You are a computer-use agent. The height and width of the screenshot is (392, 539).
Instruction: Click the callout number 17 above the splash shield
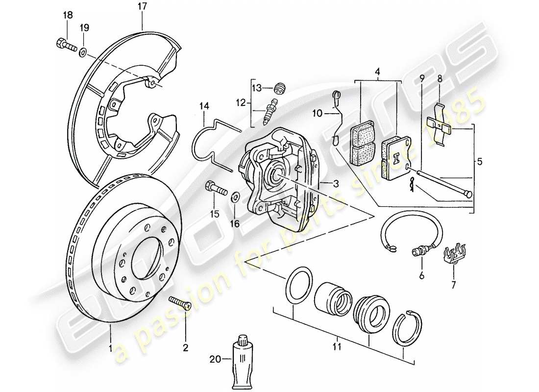(x=142, y=7)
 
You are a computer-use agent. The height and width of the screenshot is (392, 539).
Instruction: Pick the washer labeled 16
(x=235, y=197)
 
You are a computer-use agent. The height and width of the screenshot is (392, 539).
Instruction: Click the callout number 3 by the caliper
(x=336, y=185)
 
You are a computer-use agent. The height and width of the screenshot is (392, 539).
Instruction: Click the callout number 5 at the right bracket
(x=479, y=161)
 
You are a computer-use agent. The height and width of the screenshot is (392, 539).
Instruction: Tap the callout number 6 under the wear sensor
(x=420, y=276)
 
